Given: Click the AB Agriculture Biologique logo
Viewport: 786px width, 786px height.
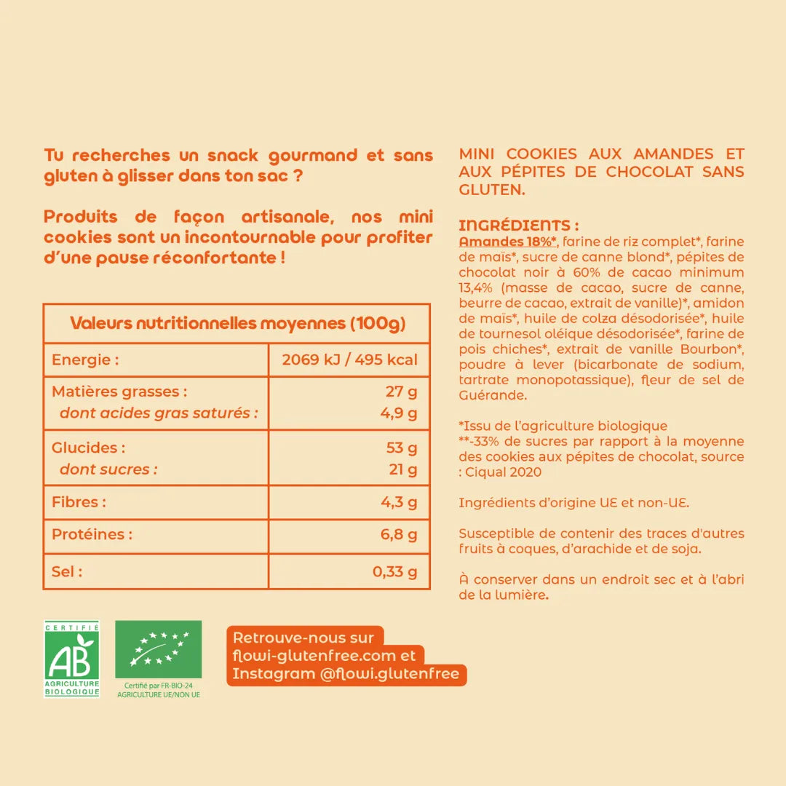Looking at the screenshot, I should point(71,659).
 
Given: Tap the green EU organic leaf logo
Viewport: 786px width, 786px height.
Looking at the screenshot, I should point(158,649).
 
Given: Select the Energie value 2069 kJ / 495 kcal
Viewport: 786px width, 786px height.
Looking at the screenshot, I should point(349,360).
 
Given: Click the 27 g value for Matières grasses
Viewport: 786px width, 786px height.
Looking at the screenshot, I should point(401,392).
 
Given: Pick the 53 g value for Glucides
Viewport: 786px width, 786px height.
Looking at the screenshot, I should point(401,448).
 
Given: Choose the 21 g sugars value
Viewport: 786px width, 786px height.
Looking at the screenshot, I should point(402,469).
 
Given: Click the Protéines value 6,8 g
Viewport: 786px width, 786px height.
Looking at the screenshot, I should point(398,535).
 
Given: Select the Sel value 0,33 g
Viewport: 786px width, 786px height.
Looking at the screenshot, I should point(394,572).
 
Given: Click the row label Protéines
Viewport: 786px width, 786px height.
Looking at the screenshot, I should point(92,535).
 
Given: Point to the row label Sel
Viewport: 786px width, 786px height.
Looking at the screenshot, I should point(67,572).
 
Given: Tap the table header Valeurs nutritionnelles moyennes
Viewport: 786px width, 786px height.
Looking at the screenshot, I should point(237,323).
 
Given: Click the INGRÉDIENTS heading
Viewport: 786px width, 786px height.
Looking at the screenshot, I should point(519,226).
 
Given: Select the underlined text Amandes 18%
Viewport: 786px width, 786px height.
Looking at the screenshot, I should point(508,242).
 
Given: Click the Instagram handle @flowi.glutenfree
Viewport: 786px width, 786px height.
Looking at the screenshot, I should point(389,675).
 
